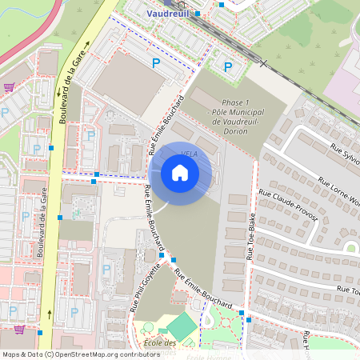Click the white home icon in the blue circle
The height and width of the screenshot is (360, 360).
pos(180,172)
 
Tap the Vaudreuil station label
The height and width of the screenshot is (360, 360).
pos(174,14)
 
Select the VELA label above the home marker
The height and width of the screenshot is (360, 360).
pos(190,152)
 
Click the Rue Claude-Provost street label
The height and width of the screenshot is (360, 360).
pos(288,206)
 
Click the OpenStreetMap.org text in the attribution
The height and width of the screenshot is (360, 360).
pos(88,354)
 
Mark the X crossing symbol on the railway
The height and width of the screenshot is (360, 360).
pos(262,62)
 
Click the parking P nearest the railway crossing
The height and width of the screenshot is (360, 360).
pos(227,67)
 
